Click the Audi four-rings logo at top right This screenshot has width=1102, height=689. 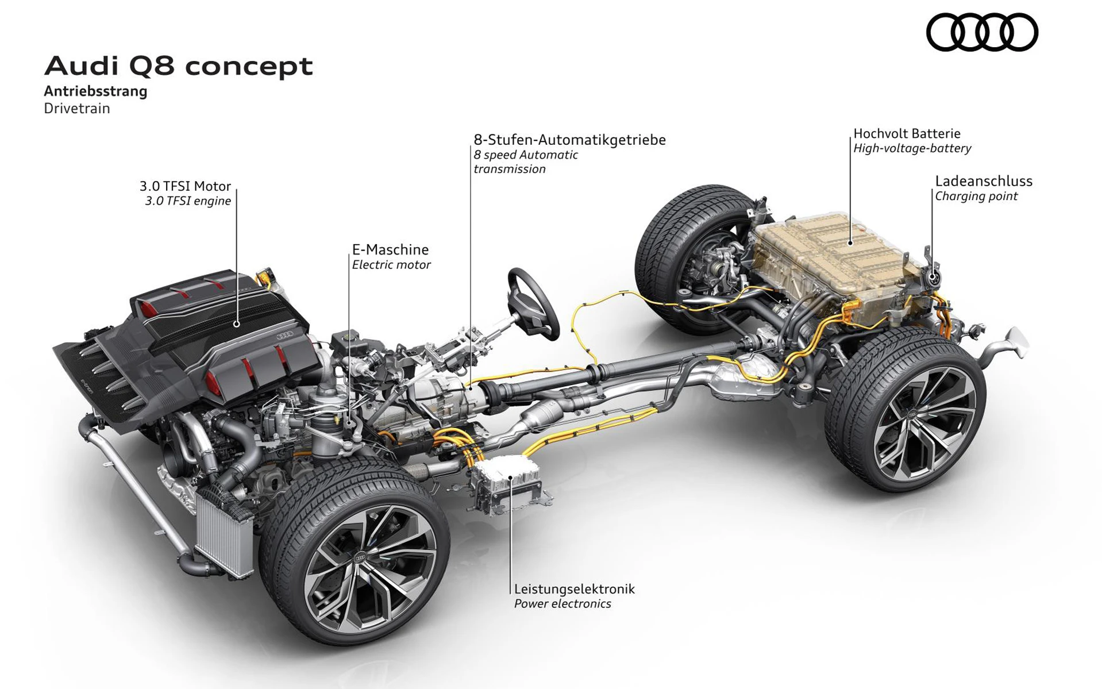pyautogui.click(x=981, y=33)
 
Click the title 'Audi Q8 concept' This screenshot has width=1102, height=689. pyautogui.click(x=178, y=66)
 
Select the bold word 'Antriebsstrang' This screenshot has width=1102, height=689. pyautogui.click(x=95, y=91)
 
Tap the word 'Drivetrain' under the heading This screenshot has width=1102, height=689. pyautogui.click(x=76, y=109)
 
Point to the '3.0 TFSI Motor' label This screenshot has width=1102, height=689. pyautogui.click(x=185, y=186)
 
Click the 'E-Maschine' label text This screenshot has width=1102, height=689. pyautogui.click(x=390, y=249)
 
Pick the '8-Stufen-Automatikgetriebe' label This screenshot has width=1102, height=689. pyautogui.click(x=569, y=140)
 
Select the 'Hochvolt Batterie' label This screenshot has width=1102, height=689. pyautogui.click(x=907, y=133)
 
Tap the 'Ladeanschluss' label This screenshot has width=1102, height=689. pyautogui.click(x=983, y=181)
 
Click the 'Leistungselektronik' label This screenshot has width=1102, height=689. pyautogui.click(x=574, y=588)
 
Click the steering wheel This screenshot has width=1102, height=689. pyautogui.click(x=533, y=303)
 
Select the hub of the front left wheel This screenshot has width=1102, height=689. pyautogui.click(x=361, y=558)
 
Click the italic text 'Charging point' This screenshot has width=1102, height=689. pyautogui.click(x=976, y=197)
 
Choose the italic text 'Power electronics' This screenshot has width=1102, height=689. pyautogui.click(x=562, y=604)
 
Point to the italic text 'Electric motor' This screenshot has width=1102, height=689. pyautogui.click(x=391, y=265)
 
